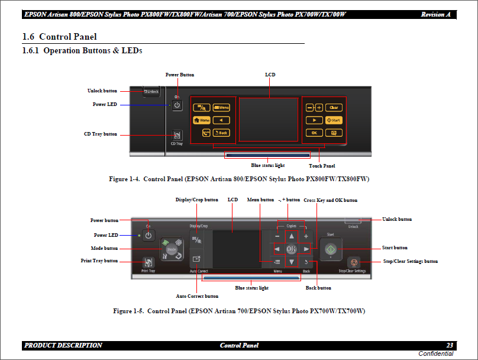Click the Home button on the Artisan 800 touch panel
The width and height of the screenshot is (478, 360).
coord(202,120)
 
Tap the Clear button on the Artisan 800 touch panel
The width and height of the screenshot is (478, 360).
coord(333,108)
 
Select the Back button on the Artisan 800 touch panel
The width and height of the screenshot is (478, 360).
coord(221,133)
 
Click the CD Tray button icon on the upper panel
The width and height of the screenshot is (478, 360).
coord(176,136)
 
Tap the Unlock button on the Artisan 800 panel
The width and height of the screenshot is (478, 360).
coord(151,91)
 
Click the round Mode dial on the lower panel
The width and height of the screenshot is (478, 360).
coord(171,250)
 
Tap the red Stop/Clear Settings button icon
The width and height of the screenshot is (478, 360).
coord(353,261)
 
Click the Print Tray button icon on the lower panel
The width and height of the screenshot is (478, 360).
coord(148,261)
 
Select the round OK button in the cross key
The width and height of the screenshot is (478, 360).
coord(291,249)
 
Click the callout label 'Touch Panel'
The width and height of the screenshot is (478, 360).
coord(322,166)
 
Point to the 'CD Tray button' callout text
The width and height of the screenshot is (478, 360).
coord(100,134)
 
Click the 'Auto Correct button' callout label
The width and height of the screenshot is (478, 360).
coord(197,296)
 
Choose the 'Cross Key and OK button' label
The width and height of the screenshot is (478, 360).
coord(330,200)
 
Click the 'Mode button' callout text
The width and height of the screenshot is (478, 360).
coord(104,248)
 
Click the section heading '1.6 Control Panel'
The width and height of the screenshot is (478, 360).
coord(59,37)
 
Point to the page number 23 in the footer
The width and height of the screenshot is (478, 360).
coord(450,345)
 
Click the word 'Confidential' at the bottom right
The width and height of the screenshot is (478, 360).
coord(435,354)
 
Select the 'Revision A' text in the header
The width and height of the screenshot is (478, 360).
coord(438,14)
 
